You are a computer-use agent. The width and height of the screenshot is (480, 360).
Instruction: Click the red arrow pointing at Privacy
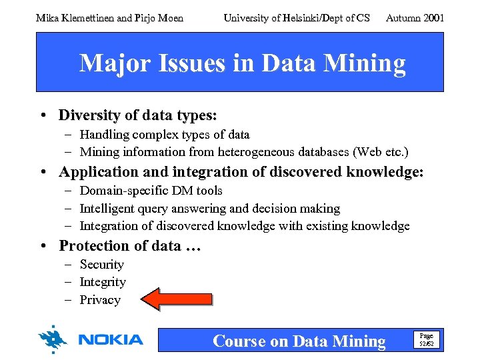177,299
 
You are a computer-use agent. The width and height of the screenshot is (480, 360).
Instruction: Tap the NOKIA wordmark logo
111,340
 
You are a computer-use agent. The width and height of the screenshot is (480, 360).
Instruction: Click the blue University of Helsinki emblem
53,339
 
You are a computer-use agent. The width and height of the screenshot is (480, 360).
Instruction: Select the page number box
426,340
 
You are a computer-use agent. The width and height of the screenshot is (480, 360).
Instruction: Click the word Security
102,265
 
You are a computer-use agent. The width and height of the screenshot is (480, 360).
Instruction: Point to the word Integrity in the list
103,282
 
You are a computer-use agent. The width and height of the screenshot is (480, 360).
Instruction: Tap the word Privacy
100,300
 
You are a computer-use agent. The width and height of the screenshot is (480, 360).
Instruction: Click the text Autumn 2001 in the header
415,18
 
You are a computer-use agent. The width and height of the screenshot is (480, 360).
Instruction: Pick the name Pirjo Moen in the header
161,18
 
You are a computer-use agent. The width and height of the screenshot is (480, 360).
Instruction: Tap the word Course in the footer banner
239,341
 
